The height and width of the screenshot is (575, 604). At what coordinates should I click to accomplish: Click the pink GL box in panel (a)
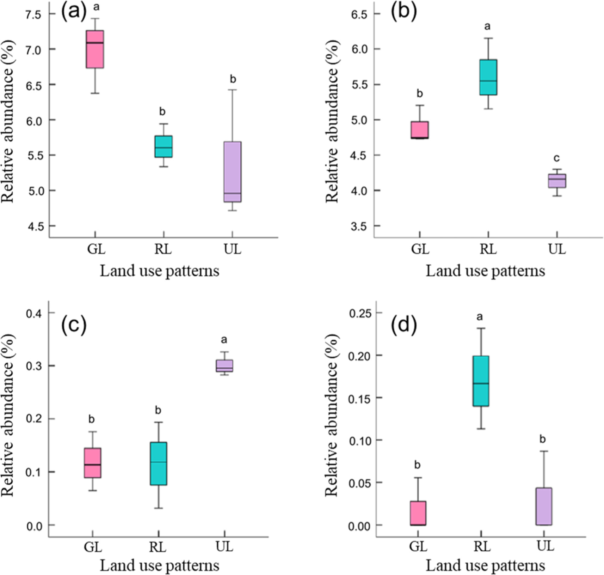pos(95,49)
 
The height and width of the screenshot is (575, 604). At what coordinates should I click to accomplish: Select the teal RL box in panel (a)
pos(164,146)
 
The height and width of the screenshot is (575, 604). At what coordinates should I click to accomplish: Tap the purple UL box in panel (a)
pos(233,172)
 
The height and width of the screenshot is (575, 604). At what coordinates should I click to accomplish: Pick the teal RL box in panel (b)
pos(488,77)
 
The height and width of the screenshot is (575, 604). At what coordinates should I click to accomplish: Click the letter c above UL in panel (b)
pos(557,158)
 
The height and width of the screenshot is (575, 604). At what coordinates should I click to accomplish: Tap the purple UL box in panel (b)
pos(557,181)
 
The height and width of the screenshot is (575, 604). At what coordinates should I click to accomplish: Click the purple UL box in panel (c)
pos(224,366)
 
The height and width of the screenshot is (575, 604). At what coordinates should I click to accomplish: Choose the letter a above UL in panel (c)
pos(224,340)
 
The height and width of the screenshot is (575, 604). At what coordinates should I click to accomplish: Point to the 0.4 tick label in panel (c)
pos(35,313)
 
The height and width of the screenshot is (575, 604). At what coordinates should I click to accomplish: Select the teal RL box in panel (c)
pos(159,464)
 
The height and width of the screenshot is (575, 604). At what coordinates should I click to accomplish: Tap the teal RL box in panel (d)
pos(481,381)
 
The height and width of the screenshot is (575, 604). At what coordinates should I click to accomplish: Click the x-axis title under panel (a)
pos(159,271)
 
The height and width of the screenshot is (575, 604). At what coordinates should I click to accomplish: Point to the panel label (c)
pos(74,326)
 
